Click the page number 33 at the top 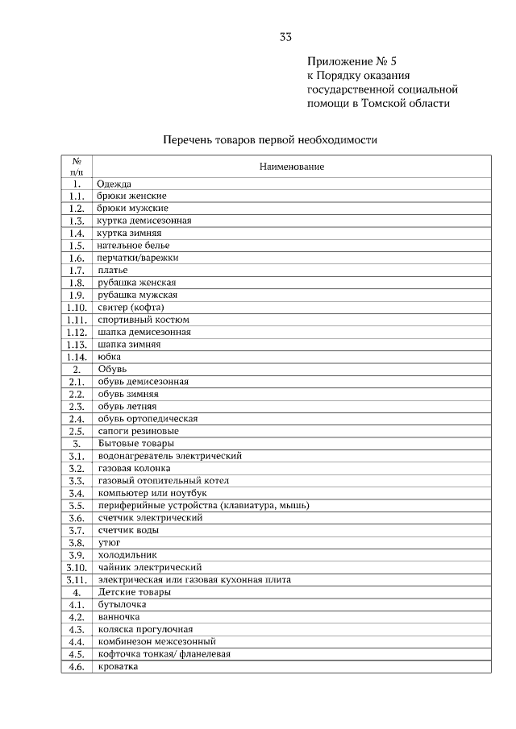tap(285, 37)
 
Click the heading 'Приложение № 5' tap(352, 61)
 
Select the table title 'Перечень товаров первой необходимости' tap(270, 139)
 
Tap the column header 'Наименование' tap(292, 166)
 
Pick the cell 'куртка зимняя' tap(129, 233)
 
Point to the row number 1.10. tap(77, 307)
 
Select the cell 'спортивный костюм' tap(144, 320)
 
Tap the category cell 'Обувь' tap(112, 369)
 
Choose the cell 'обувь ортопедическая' tap(148, 419)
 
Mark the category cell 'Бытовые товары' tap(135, 443)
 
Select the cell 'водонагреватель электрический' tap(169, 456)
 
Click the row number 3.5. tap(77, 506)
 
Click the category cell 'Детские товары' tap(134, 592)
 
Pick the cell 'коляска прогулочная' tap(145, 629)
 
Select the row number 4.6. tap(77, 667)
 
